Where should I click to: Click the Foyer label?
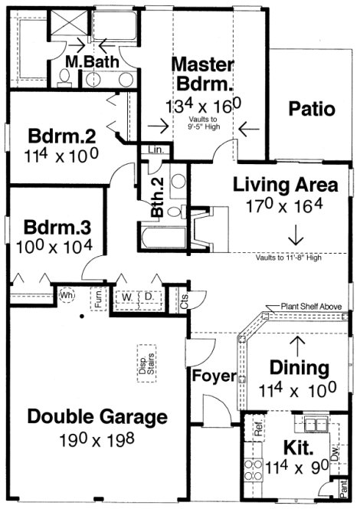click(x=208, y=376)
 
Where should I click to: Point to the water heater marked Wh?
click(x=67, y=294)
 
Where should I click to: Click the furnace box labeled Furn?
click(x=99, y=296)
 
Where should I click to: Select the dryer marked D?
click(x=150, y=296)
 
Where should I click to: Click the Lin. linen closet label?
click(x=153, y=150)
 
